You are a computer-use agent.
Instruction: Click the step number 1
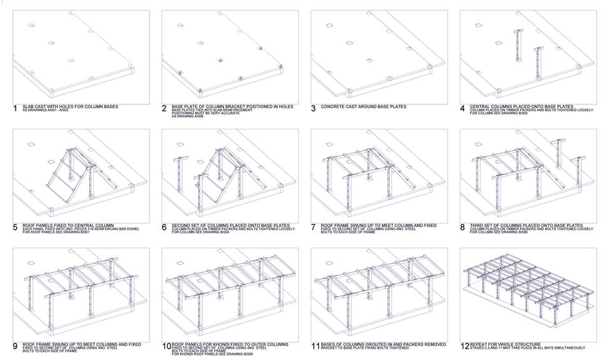pyautogui.click(x=15, y=108)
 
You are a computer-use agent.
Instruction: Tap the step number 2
pyautogui.click(x=164, y=108)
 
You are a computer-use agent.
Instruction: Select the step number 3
pyautogui.click(x=314, y=108)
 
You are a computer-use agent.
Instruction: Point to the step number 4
pyautogui.click(x=463, y=108)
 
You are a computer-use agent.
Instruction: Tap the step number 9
pyautogui.click(x=15, y=346)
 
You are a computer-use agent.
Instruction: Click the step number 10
pyautogui.click(x=166, y=346)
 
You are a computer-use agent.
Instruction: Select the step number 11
pyautogui.click(x=314, y=346)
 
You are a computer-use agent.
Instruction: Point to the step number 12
pyautogui.click(x=463, y=346)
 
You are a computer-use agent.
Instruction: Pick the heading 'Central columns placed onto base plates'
pyautogui.click(x=521, y=106)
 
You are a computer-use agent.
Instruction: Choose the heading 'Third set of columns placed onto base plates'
pyautogui.click(x=526, y=225)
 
